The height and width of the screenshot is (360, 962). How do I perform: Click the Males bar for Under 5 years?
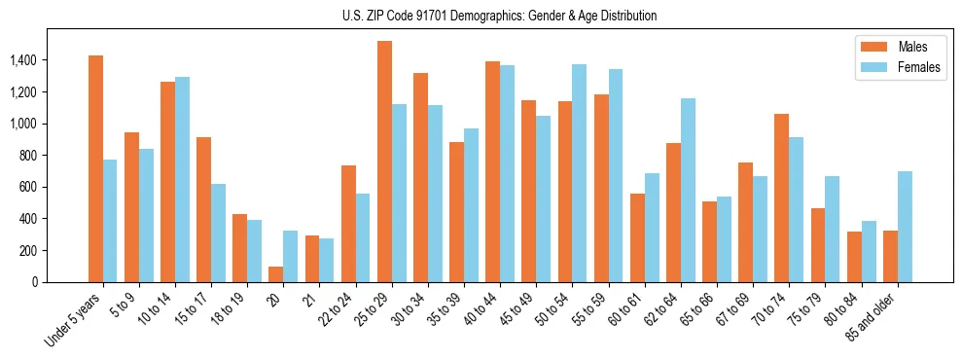pos(95,169)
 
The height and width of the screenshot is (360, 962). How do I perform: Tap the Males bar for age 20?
pos(276,274)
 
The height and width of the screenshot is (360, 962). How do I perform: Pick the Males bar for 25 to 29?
pos(384,162)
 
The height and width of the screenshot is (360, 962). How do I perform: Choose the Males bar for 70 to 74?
pos(782,198)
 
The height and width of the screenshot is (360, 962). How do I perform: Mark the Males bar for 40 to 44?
pos(493,172)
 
